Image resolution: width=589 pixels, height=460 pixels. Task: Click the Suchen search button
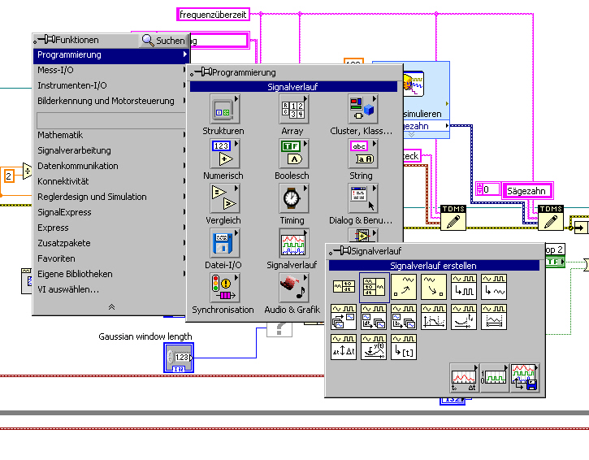click(163, 40)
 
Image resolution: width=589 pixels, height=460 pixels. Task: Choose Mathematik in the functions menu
click(60, 135)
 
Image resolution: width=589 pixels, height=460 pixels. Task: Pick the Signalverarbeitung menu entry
click(74, 150)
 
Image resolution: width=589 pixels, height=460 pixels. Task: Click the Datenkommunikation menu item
click(77, 166)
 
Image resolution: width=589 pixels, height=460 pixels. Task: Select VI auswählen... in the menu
click(68, 289)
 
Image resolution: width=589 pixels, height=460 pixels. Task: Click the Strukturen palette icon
click(223, 110)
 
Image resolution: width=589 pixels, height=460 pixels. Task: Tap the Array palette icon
click(292, 110)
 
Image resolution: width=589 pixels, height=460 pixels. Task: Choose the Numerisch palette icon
click(223, 155)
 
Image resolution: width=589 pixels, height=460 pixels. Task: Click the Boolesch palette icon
click(292, 155)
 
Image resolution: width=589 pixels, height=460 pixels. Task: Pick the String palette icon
click(361, 155)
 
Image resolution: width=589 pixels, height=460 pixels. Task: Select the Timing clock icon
click(292, 200)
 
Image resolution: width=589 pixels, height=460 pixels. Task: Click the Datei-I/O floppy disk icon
click(223, 245)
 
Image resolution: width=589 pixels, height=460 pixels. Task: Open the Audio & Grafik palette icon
click(292, 289)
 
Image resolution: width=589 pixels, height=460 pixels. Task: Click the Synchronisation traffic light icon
click(223, 289)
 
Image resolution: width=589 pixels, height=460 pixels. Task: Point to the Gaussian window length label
click(145, 336)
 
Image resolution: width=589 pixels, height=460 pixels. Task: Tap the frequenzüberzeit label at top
click(213, 14)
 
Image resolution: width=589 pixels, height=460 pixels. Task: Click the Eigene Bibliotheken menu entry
click(75, 274)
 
